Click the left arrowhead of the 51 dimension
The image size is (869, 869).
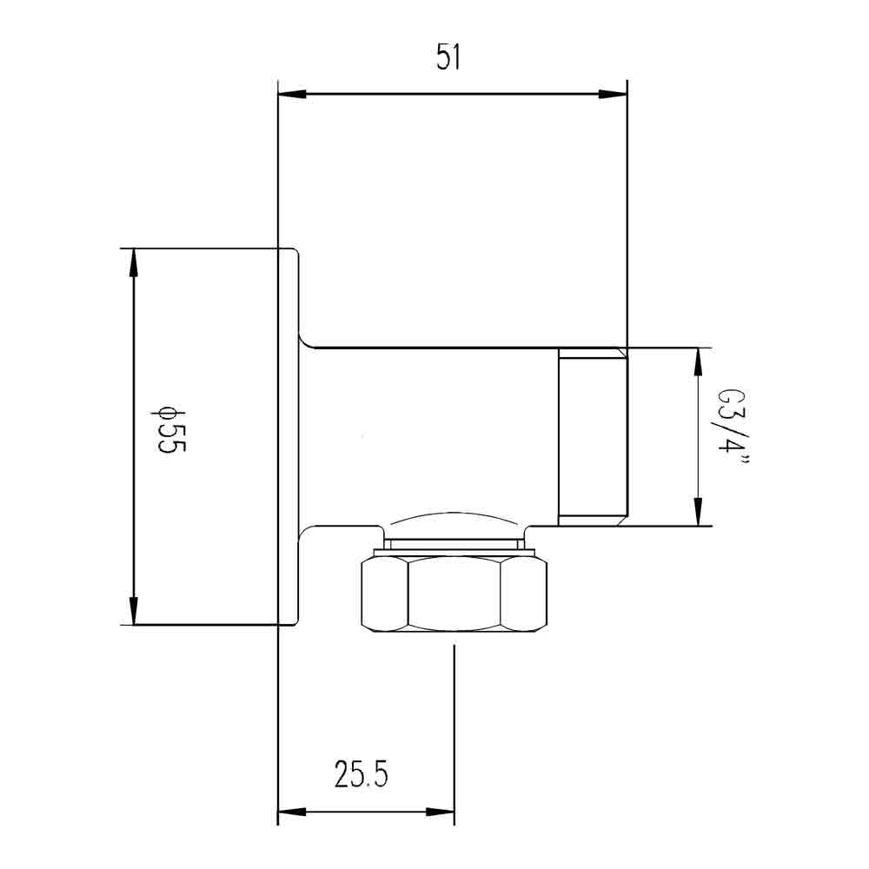(289, 94)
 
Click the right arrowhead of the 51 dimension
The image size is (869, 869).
(615, 94)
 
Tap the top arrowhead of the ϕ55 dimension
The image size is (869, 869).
(133, 260)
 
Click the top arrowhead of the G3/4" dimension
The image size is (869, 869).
(697, 360)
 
